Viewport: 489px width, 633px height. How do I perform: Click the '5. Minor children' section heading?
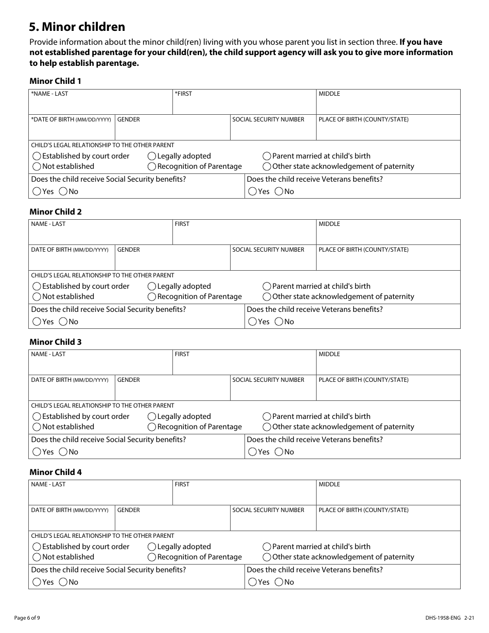[77, 27]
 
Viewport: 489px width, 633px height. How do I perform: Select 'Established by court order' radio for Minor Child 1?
[37, 156]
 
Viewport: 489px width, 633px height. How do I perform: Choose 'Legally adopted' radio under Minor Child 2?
[152, 286]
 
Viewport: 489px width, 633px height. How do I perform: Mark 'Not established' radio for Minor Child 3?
[37, 427]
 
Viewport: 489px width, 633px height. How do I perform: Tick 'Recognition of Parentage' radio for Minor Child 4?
[152, 557]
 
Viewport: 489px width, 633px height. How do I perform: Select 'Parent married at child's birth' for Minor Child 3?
[267, 416]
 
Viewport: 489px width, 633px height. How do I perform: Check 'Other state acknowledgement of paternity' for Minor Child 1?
[267, 166]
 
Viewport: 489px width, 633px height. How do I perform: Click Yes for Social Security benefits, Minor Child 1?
[37, 191]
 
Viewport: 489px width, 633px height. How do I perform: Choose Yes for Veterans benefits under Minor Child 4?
[253, 582]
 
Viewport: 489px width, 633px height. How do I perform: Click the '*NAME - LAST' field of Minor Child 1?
[101, 105]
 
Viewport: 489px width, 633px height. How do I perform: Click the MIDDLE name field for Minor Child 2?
[388, 235]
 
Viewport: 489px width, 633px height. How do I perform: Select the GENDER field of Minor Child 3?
[172, 391]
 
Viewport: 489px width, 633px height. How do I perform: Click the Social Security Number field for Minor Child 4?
[273, 521]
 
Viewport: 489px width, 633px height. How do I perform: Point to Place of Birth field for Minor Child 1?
[388, 131]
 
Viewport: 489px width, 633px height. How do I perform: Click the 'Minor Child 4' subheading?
[56, 472]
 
